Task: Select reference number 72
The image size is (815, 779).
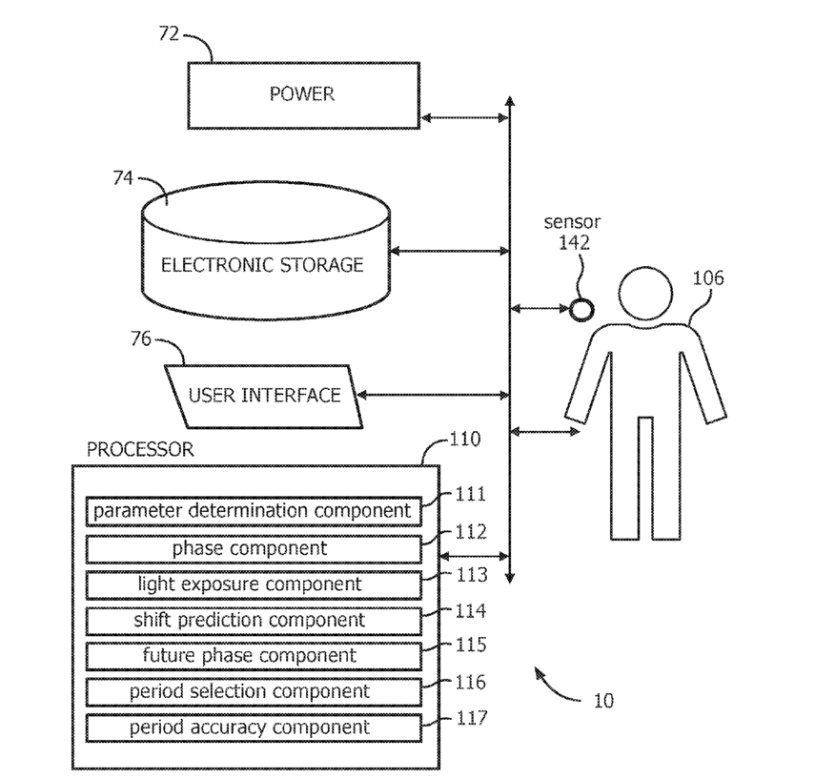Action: coord(169,34)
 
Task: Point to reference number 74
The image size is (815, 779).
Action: coord(123,178)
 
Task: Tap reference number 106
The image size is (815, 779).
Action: coord(708,278)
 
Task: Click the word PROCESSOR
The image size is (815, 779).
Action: coord(140,449)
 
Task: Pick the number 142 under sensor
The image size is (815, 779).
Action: coord(574,243)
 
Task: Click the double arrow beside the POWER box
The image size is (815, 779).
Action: coord(464,118)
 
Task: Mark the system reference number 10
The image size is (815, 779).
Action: coord(603,701)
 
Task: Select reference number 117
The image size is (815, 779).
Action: coord(472,718)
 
